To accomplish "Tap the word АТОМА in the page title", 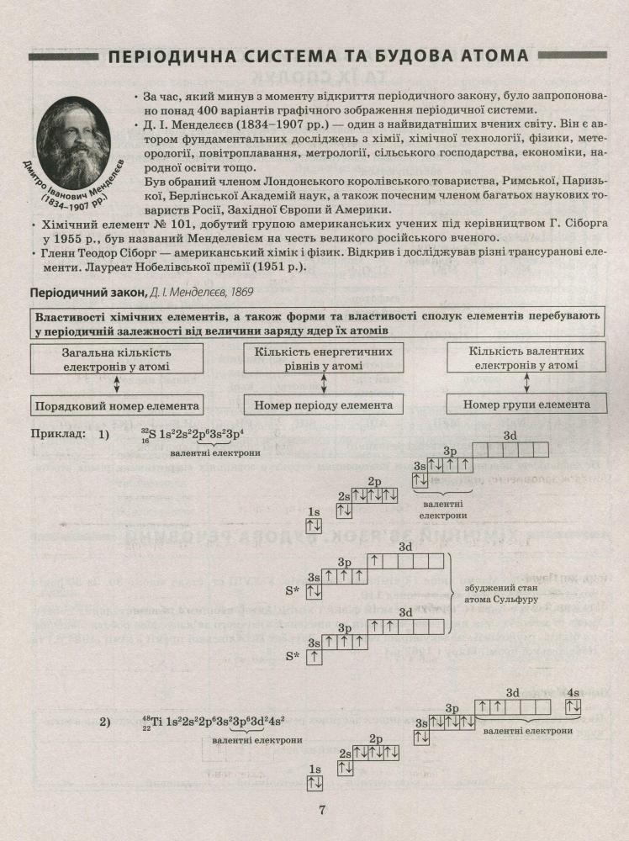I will pos(492,57).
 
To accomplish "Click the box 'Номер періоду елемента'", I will pos(325,405).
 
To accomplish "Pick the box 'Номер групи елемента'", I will pos(526,405).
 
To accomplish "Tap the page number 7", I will pos(321,811).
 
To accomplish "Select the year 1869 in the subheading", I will pos(240,293).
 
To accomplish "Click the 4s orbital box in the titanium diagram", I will pos(573,707).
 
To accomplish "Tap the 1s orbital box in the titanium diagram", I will pos(314,783).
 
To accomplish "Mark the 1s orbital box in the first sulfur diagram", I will pos(314,526).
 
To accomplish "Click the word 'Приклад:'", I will pos(57,435).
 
